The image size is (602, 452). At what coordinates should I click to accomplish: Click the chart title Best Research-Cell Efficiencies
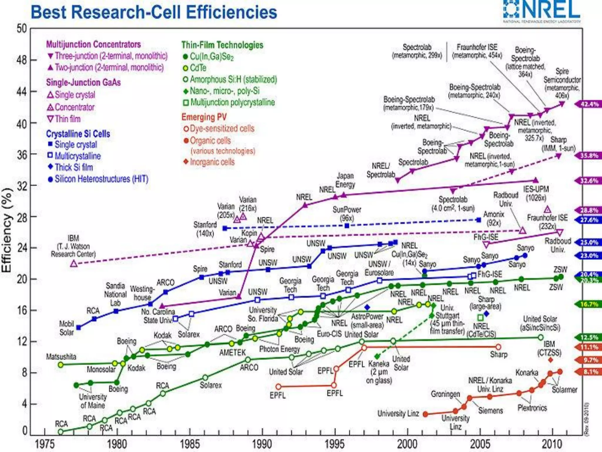154,12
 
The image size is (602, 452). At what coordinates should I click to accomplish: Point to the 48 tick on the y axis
22,60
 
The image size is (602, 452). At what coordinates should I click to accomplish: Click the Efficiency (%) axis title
7,230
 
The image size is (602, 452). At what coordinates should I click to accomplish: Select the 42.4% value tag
589,104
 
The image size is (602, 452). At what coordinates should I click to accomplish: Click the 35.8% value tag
589,156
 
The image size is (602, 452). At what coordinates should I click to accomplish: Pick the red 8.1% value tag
589,372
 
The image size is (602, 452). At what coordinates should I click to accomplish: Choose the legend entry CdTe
198,68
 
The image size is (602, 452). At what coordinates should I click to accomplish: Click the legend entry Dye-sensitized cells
222,129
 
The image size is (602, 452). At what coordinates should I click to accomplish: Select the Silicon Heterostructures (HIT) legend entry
101,179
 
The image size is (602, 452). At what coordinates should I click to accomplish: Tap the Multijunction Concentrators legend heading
93,44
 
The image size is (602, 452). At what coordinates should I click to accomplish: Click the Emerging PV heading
204,117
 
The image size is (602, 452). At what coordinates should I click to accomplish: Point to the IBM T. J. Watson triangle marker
74,264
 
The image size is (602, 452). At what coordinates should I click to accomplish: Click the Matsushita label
61,357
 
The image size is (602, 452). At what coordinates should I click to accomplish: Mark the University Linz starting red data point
425,414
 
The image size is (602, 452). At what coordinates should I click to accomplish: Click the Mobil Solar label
66,328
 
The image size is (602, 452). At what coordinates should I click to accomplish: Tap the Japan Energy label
345,180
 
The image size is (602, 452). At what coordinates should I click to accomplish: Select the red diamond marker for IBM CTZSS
551,360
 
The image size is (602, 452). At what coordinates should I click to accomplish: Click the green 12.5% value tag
589,337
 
